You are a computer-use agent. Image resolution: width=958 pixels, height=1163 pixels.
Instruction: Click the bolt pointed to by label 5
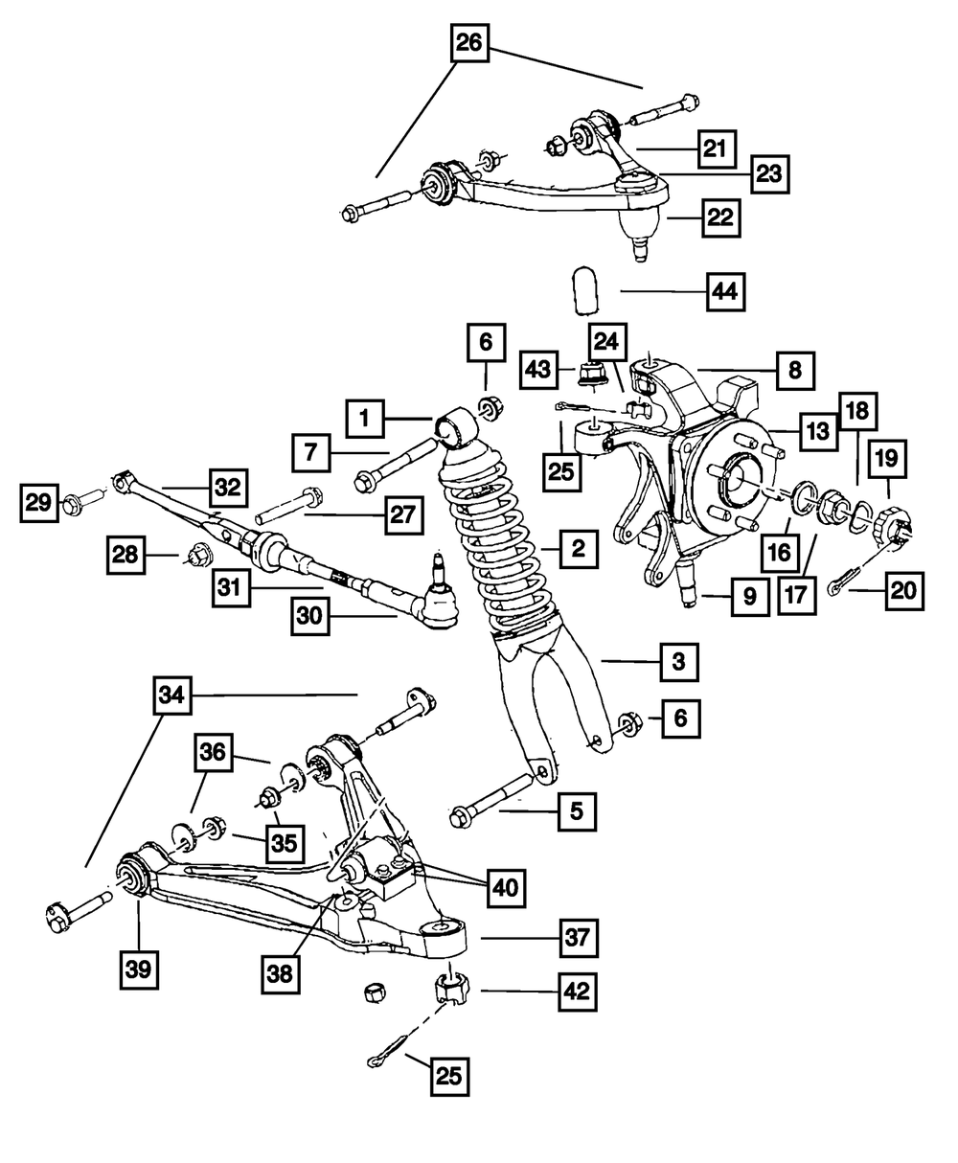(x=493, y=797)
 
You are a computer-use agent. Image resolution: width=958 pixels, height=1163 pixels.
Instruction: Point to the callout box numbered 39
(x=138, y=969)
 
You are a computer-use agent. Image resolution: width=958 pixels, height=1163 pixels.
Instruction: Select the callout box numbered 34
(x=171, y=696)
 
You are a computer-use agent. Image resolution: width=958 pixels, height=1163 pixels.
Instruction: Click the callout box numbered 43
(x=538, y=366)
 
